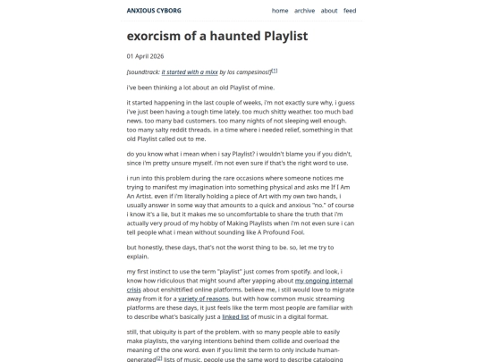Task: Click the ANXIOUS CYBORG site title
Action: click(x=153, y=11)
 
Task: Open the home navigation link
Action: click(x=280, y=11)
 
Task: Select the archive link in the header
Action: click(x=304, y=11)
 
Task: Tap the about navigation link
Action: click(x=329, y=11)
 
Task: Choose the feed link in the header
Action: click(x=350, y=11)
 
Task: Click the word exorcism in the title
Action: click(x=160, y=37)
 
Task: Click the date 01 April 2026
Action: click(x=145, y=56)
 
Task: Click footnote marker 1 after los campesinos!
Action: click(x=274, y=70)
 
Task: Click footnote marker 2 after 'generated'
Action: click(x=159, y=358)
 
